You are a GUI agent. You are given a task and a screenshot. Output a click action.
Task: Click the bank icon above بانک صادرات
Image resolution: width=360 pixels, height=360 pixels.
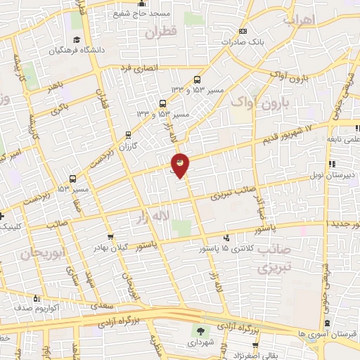pos(243,31)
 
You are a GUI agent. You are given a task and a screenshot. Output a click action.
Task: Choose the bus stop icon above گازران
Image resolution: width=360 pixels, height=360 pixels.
pos(128,134)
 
